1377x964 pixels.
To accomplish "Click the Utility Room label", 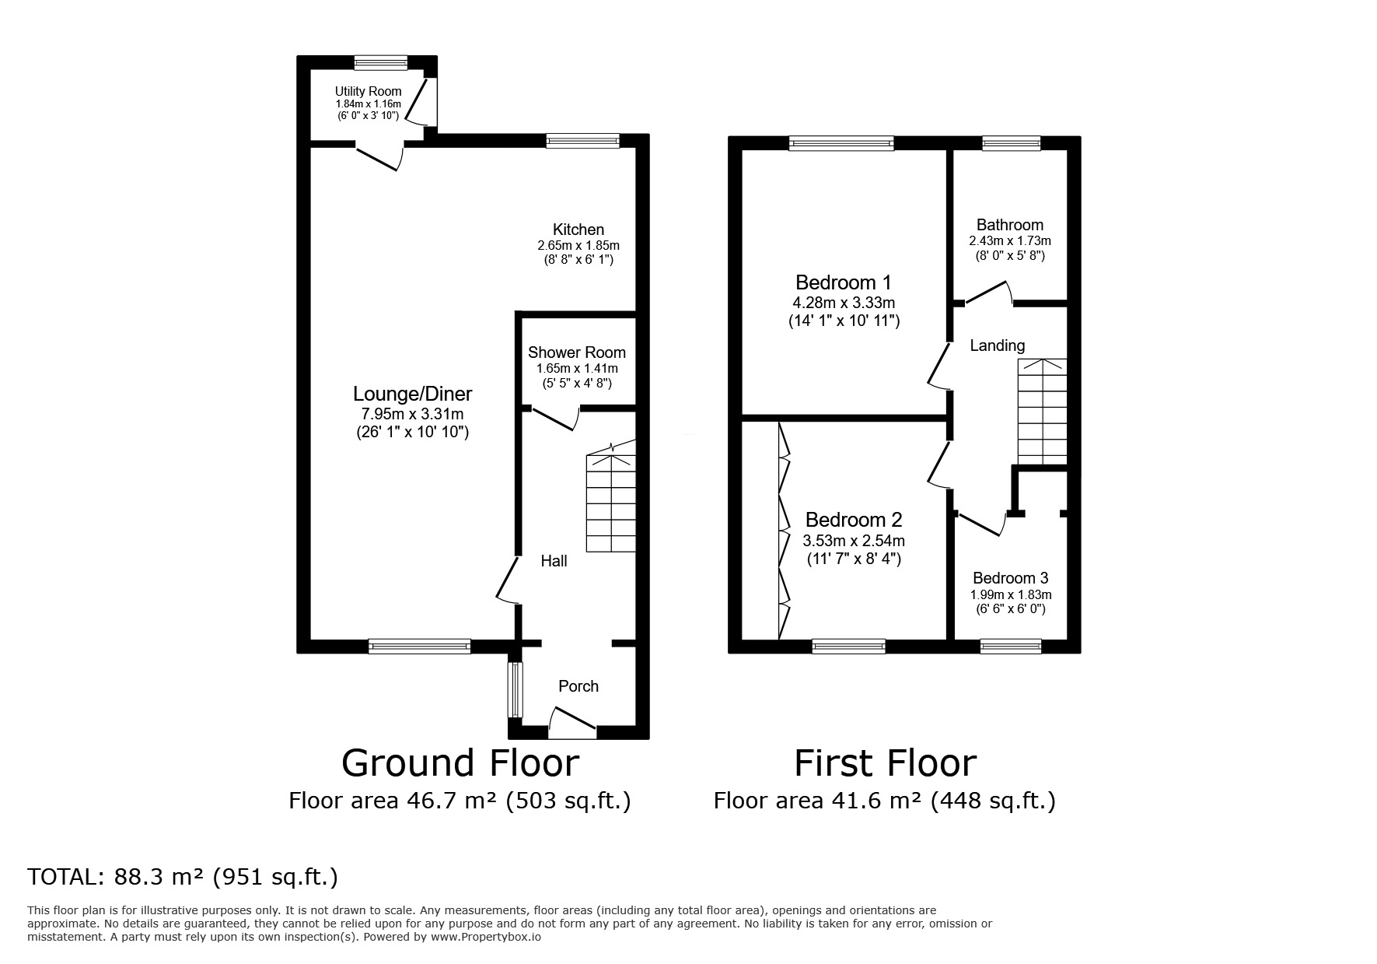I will (368, 91).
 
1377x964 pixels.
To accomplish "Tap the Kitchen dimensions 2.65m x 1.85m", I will (578, 245).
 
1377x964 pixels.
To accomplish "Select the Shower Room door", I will (554, 418).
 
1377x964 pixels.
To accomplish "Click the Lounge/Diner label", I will (412, 394).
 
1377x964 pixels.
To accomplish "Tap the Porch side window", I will (515, 689).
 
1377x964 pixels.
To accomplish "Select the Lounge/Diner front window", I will (419, 646).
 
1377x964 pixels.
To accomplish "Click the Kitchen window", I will (582, 141).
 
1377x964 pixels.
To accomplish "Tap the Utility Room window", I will (381, 63).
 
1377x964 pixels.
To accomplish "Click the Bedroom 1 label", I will (844, 282).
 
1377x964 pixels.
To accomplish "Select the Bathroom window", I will (1011, 142).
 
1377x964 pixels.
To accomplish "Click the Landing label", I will (997, 345).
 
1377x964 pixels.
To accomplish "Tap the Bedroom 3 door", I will (981, 524).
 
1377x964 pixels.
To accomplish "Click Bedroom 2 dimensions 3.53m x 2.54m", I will (853, 541).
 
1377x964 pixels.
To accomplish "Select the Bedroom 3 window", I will (1010, 646).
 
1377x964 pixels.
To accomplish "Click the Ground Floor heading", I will (460, 763).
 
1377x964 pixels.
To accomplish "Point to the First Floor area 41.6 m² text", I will (884, 801).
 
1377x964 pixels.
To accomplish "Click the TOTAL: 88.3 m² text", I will (183, 877).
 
